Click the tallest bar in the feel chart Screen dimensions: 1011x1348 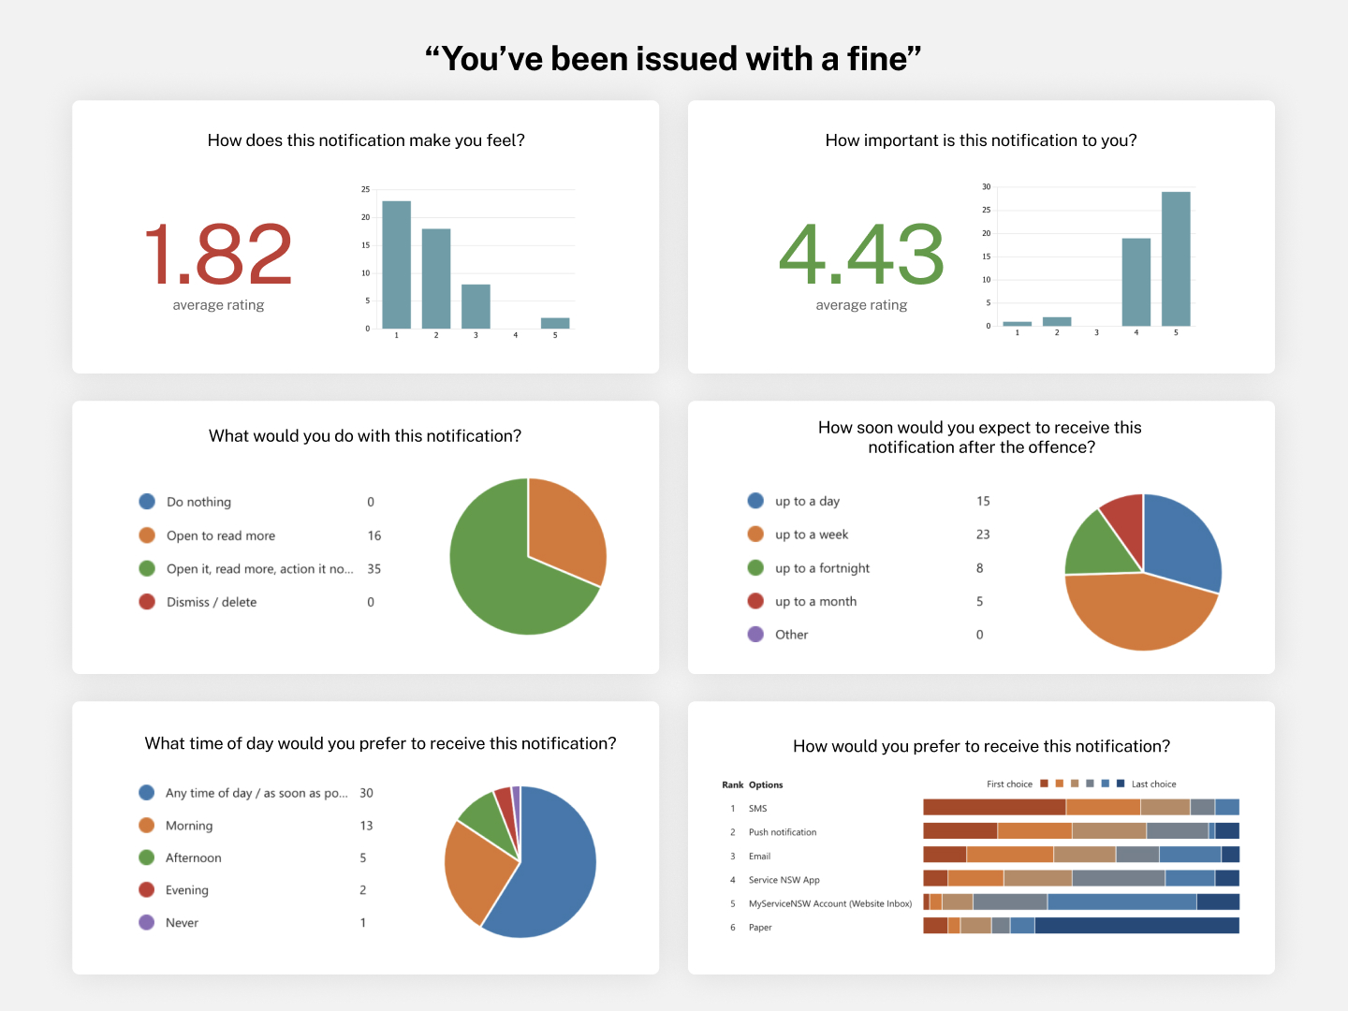pos(396,264)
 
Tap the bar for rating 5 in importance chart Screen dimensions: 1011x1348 pos(1176,258)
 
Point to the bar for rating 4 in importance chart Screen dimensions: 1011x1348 pos(1136,282)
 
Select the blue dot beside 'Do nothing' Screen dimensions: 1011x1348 pos(147,502)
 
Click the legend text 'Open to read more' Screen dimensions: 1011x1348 pos(221,535)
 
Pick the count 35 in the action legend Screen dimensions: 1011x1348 pos(374,569)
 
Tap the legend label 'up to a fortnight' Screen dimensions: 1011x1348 pos(822,568)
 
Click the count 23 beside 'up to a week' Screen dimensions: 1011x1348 pos(983,535)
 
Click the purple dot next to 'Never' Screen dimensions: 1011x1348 pos(147,923)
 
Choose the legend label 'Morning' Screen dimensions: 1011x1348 pos(189,826)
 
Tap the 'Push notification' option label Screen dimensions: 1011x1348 pos(783,832)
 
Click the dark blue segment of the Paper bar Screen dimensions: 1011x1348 pos(1136,926)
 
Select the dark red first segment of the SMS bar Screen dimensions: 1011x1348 pos(994,807)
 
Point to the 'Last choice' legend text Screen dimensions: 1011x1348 pos(1153,784)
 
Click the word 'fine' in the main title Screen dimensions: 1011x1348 pos(877,59)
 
